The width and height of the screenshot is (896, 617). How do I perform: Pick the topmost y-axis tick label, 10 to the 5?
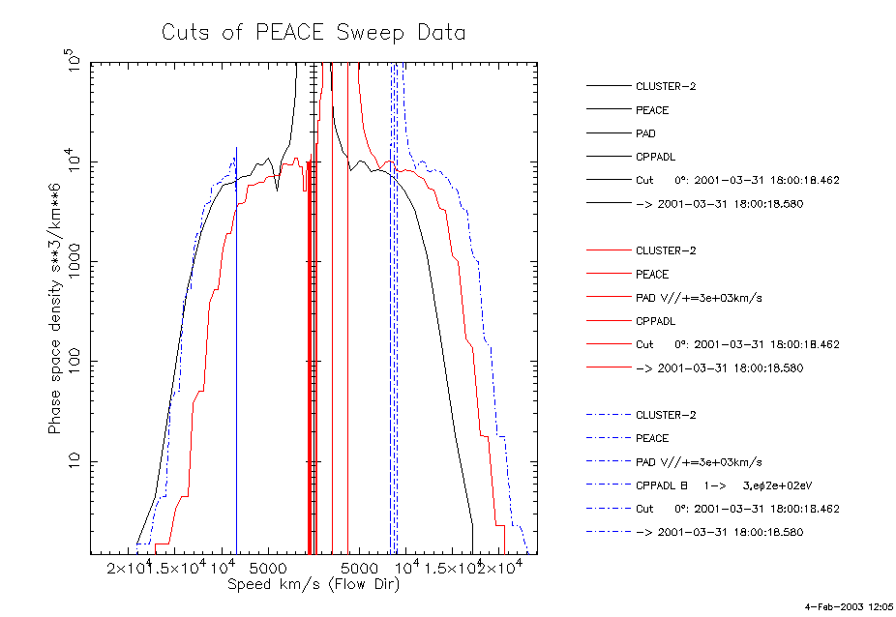click(x=71, y=63)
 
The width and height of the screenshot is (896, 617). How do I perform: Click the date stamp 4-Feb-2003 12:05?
click(x=850, y=606)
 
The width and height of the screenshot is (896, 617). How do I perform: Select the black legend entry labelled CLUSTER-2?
click(x=666, y=86)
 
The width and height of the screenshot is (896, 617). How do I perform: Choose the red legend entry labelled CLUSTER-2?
click(x=666, y=250)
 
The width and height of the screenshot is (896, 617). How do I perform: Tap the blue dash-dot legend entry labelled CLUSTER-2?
click(x=666, y=415)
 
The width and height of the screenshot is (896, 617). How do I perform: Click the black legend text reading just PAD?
click(x=645, y=133)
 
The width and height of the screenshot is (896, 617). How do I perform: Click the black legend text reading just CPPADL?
click(x=655, y=157)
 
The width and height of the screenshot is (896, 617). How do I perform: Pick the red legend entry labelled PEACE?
click(x=652, y=275)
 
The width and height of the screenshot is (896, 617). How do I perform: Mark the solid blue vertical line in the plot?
click(x=236, y=387)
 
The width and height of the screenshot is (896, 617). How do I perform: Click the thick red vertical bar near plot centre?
click(x=309, y=387)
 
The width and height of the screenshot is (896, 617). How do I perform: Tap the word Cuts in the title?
click(x=184, y=33)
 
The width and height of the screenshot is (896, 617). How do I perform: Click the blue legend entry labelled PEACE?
click(x=652, y=438)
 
